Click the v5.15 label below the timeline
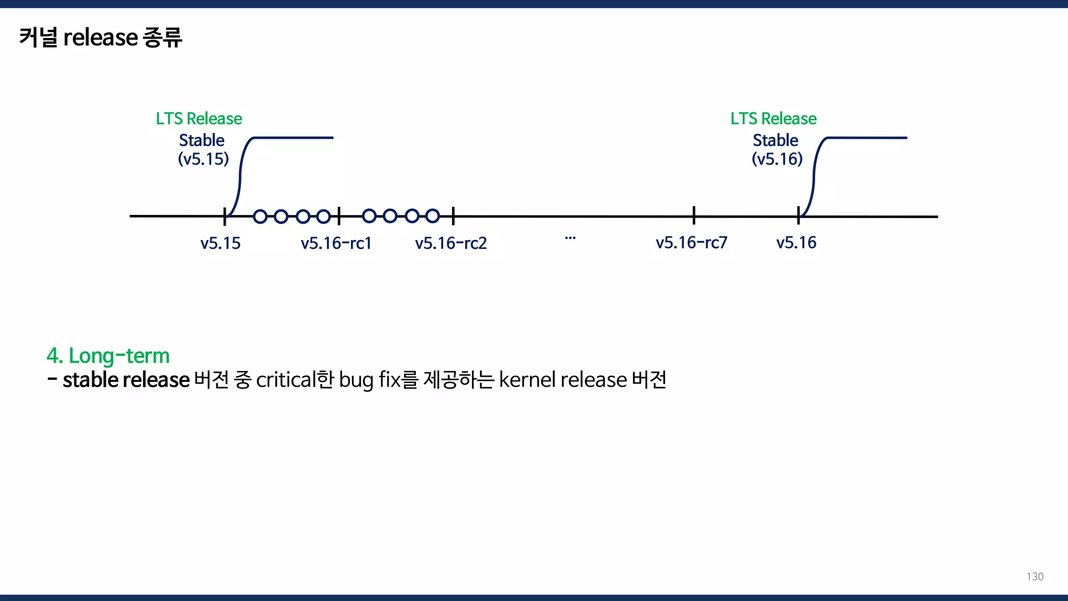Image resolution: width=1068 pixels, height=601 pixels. [x=221, y=243]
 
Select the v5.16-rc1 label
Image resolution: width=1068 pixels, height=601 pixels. [x=336, y=243]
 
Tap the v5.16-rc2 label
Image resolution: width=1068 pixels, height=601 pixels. [x=451, y=243]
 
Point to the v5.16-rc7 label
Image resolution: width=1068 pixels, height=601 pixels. [x=691, y=243]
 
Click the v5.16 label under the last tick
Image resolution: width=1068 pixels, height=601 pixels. [x=796, y=243]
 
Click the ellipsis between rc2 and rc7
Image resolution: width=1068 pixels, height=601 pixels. [x=570, y=238]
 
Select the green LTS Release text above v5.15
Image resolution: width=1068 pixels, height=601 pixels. [x=199, y=118]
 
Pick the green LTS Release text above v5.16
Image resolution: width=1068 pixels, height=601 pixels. [x=773, y=118]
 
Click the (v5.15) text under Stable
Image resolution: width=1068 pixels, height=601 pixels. [x=203, y=159]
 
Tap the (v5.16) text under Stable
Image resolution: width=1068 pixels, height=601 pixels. [x=777, y=159]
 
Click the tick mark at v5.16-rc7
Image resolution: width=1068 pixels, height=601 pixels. [x=694, y=215]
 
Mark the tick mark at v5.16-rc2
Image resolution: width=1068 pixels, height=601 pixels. [x=453, y=215]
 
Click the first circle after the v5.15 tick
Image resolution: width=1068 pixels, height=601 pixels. [x=260, y=216]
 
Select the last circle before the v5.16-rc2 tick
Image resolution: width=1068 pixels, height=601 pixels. [x=432, y=216]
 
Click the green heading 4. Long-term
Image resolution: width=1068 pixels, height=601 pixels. [x=108, y=356]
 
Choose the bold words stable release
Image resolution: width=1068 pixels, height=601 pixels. [x=126, y=380]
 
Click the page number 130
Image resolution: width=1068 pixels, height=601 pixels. [x=1035, y=576]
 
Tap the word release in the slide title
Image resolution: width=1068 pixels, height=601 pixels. [x=101, y=38]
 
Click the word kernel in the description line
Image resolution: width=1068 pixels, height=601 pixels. [x=527, y=380]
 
